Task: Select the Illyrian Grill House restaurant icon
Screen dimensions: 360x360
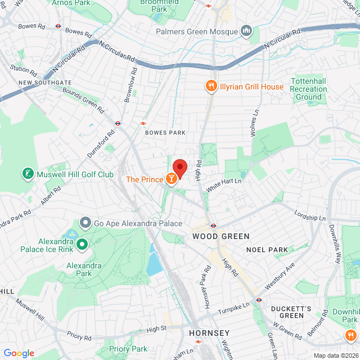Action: tap(211, 87)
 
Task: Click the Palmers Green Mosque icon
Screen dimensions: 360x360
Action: tap(246, 30)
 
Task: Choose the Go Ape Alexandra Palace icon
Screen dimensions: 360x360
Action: tap(85, 223)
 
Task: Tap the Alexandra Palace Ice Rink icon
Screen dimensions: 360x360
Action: tap(82, 244)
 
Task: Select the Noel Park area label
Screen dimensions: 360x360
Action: tap(267, 249)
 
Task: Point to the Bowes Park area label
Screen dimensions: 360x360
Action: tap(165, 133)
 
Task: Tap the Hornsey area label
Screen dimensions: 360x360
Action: tap(209, 333)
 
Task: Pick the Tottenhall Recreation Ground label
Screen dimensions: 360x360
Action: tap(308, 89)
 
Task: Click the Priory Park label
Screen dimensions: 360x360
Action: tap(128, 349)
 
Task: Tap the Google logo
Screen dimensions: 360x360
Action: tap(19, 353)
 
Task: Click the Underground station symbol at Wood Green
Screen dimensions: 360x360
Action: tap(213, 225)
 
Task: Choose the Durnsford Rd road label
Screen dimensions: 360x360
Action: tap(101, 143)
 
